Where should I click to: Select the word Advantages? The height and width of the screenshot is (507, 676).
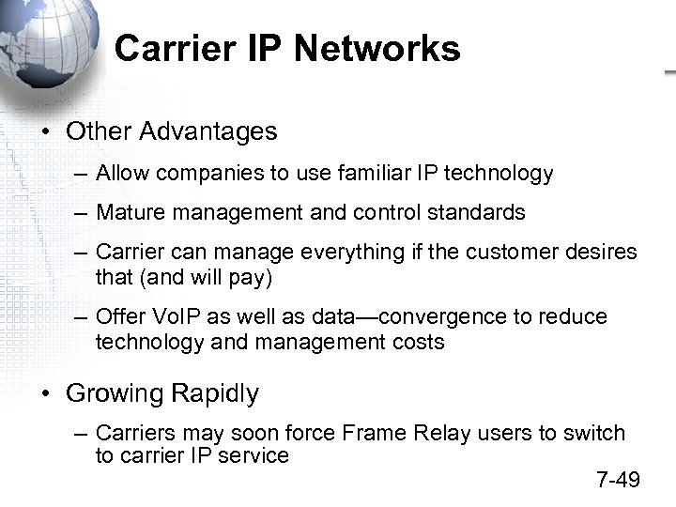click(208, 131)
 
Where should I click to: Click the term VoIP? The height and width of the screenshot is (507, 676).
click(165, 317)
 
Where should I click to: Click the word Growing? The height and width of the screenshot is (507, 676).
click(115, 393)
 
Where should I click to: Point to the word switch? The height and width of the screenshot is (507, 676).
click(595, 434)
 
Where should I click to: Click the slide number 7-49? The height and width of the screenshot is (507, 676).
click(618, 481)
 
